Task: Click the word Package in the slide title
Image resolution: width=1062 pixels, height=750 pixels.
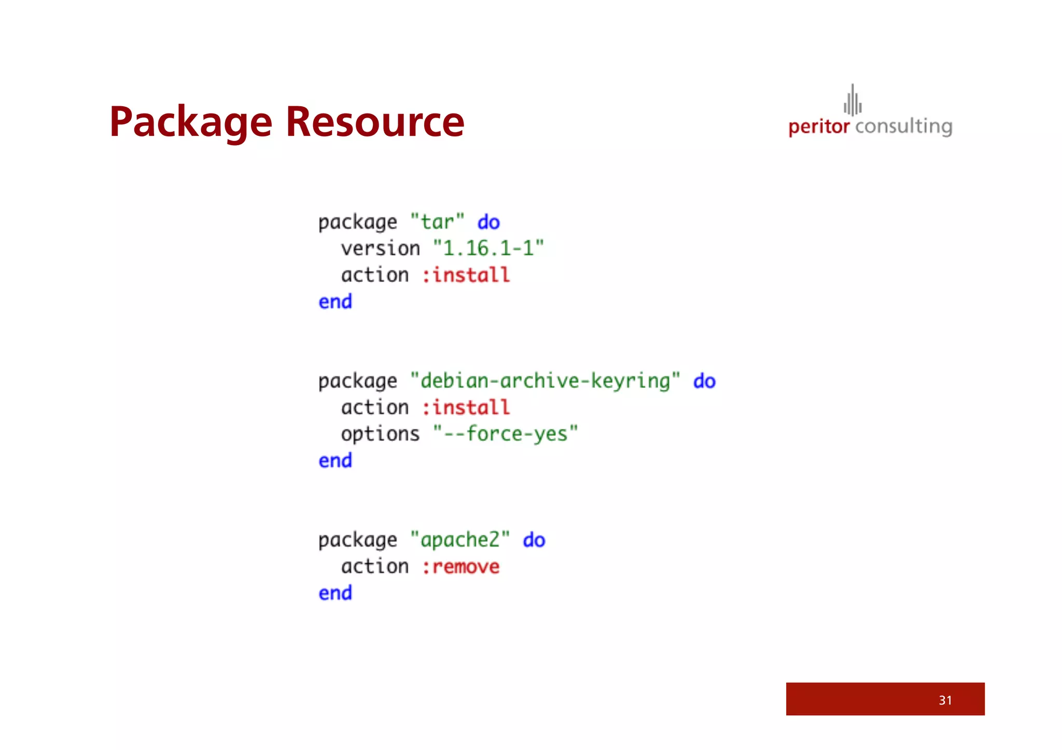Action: [190, 122]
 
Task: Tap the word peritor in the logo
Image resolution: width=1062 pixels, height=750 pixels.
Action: [819, 126]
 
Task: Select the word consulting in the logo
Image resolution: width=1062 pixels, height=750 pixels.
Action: [903, 126]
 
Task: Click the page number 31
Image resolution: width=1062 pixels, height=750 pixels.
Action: [945, 700]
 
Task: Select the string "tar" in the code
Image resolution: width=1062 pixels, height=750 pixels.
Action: [437, 222]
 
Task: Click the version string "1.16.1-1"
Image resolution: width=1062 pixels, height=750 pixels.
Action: [488, 248]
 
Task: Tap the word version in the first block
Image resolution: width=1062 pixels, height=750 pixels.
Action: [380, 249]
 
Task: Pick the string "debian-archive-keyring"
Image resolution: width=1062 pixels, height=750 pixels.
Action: [544, 381]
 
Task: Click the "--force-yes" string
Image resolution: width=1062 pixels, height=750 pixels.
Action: [506, 434]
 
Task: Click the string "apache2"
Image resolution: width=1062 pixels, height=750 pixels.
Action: [460, 540]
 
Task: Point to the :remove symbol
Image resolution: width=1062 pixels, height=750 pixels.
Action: [460, 567]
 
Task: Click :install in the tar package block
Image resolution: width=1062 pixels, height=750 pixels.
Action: [466, 275]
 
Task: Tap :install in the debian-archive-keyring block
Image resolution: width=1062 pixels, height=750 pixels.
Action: [466, 407]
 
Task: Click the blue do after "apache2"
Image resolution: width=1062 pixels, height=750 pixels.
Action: [534, 540]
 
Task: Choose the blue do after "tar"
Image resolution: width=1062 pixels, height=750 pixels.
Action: [488, 222]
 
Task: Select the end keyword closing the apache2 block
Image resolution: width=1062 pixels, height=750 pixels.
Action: [335, 593]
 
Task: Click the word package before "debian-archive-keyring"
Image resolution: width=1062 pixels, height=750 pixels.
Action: [357, 381]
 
